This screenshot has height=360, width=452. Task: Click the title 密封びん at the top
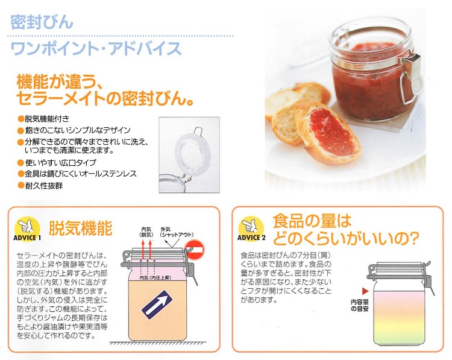42,22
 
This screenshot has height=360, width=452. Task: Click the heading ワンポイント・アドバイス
96,48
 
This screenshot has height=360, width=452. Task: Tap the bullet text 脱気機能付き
47,119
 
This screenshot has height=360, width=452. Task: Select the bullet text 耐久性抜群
44,186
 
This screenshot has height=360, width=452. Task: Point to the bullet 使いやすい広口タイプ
60,163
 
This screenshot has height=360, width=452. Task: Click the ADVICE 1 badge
27,229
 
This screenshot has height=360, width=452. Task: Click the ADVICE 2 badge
251,229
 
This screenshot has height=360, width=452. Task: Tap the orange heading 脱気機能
80,228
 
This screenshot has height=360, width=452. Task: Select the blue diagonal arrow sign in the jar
157,305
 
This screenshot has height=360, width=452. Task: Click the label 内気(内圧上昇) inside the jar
155,277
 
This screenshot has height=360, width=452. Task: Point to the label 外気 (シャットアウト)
177,232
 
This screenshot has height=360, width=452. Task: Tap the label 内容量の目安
359,305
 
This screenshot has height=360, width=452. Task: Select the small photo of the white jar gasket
189,154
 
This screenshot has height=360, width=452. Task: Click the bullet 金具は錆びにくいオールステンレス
81,174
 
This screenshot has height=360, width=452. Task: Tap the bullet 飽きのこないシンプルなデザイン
78,130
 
